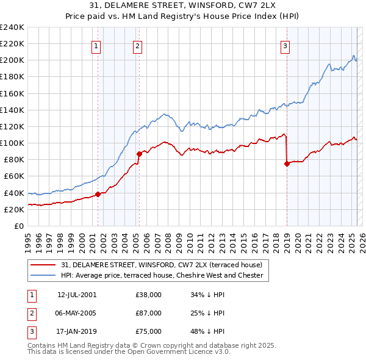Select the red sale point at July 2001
(98, 195)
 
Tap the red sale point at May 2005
(139, 154)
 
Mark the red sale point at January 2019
(287, 164)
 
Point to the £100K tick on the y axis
(12, 143)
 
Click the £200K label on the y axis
(12, 60)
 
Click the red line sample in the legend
(43, 265)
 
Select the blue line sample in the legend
(43, 275)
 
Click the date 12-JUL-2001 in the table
(77, 295)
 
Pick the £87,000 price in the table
(149, 313)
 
